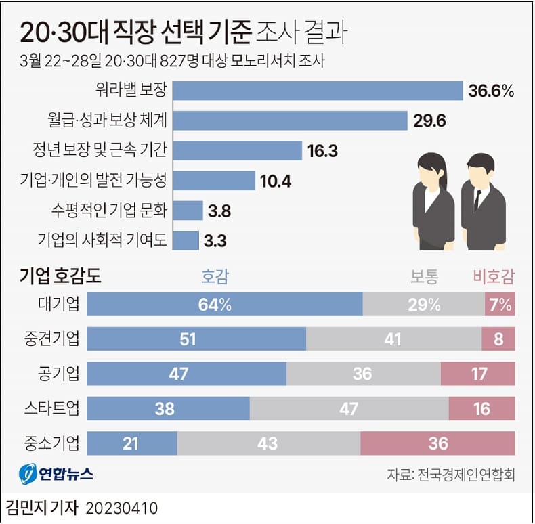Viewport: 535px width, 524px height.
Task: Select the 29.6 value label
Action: (x=427, y=121)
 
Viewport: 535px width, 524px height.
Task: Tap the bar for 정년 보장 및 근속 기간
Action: (x=238, y=150)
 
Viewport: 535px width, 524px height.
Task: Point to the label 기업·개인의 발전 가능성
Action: (x=94, y=180)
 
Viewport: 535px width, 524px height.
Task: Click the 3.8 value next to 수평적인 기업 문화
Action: (x=219, y=211)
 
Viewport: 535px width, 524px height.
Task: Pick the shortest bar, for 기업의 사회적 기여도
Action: (x=187, y=240)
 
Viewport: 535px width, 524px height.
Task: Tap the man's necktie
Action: (x=477, y=198)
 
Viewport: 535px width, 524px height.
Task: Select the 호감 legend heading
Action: (x=215, y=276)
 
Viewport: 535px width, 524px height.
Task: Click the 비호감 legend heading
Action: (x=493, y=276)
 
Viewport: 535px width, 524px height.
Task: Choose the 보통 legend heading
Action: (x=425, y=276)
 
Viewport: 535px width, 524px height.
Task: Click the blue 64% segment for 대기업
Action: (x=225, y=305)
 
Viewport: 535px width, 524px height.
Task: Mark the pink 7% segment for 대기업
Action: (x=500, y=305)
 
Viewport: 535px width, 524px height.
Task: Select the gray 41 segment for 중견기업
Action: (x=393, y=339)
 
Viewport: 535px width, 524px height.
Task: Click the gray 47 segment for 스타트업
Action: (x=349, y=408)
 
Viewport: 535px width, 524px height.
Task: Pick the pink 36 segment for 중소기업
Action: (x=437, y=443)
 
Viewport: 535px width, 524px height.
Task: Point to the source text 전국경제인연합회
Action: (x=467, y=475)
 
